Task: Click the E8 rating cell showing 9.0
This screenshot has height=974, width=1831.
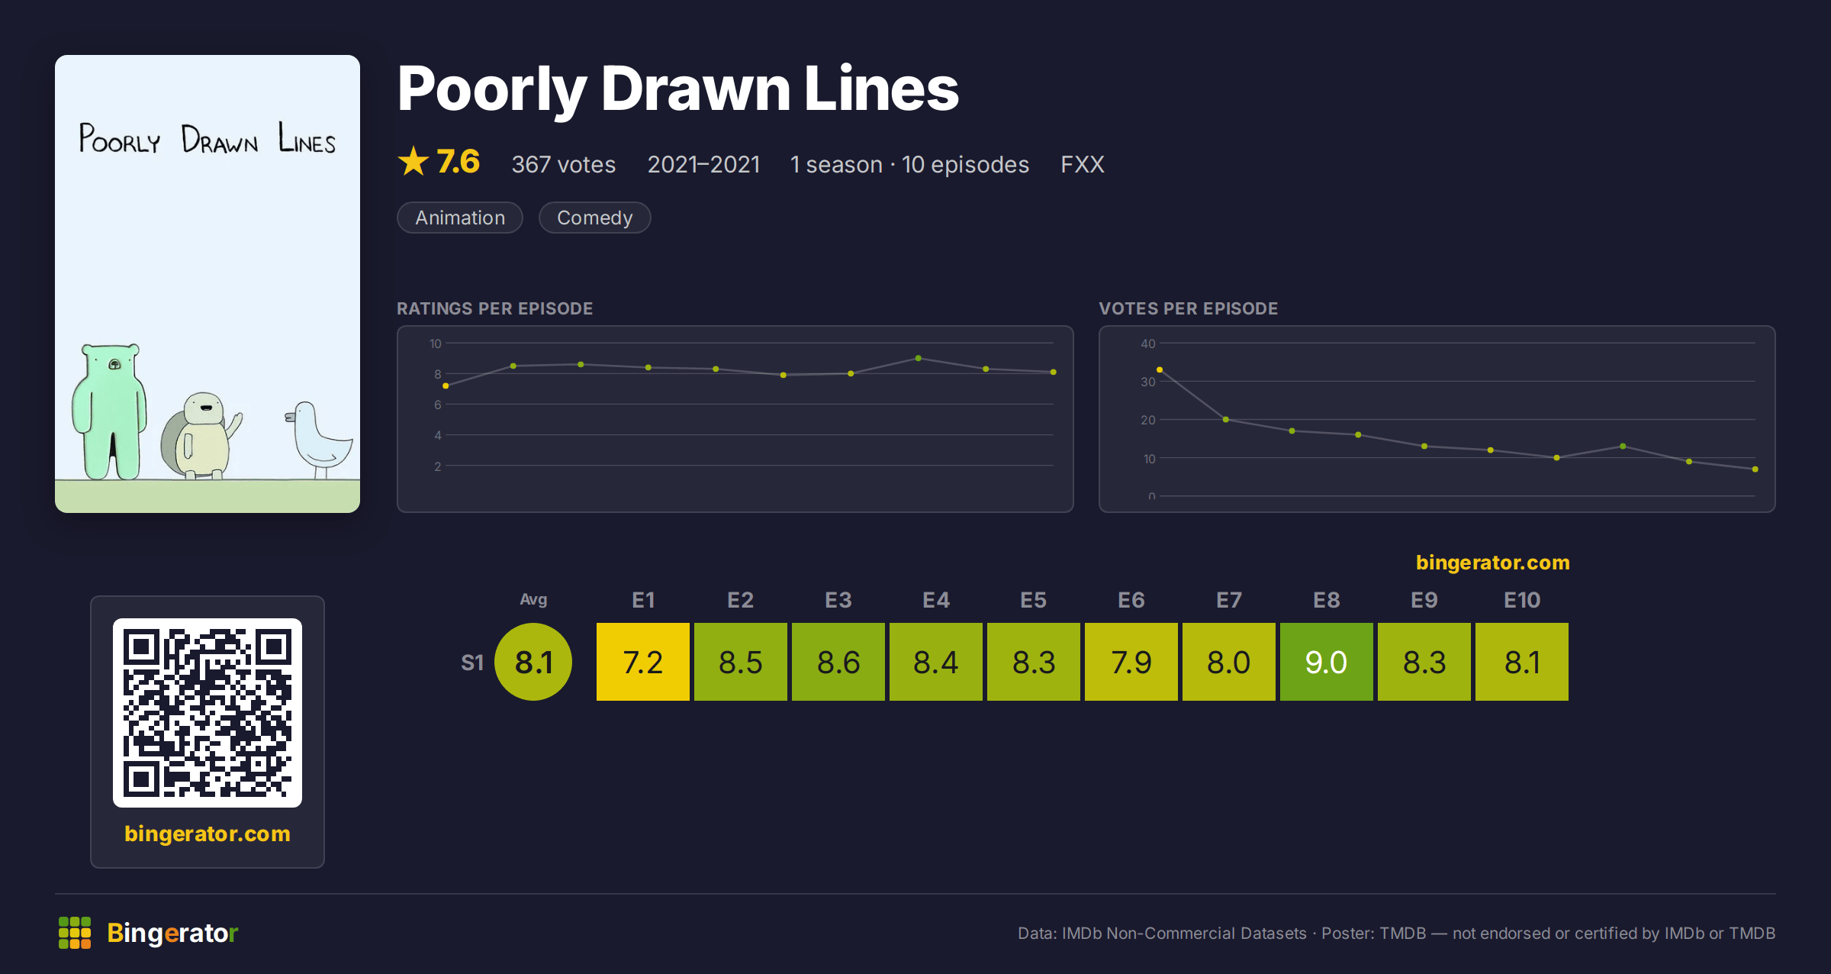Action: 1326,662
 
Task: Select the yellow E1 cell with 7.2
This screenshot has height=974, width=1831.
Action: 642,662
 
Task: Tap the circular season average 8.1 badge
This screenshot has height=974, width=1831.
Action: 533,662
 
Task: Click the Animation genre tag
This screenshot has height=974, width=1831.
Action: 460,218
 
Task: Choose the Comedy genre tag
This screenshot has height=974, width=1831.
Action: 594,218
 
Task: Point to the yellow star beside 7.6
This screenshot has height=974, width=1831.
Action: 414,161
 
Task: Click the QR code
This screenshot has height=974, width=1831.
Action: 208,713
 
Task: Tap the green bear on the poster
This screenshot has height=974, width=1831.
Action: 109,412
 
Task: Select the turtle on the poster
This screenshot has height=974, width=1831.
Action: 200,436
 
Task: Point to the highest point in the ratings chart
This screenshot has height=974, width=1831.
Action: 918,358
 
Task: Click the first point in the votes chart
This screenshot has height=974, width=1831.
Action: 1160,369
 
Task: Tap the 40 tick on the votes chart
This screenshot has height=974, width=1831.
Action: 1147,343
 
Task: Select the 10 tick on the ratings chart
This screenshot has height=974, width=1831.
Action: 435,343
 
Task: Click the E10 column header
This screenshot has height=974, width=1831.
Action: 1521,600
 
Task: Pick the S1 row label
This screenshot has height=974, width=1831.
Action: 472,663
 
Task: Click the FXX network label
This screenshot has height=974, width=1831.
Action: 1082,164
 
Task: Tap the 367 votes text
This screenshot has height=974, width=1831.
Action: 563,164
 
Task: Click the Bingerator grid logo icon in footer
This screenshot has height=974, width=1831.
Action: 75,933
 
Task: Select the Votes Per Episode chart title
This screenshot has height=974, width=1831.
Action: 1188,308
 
